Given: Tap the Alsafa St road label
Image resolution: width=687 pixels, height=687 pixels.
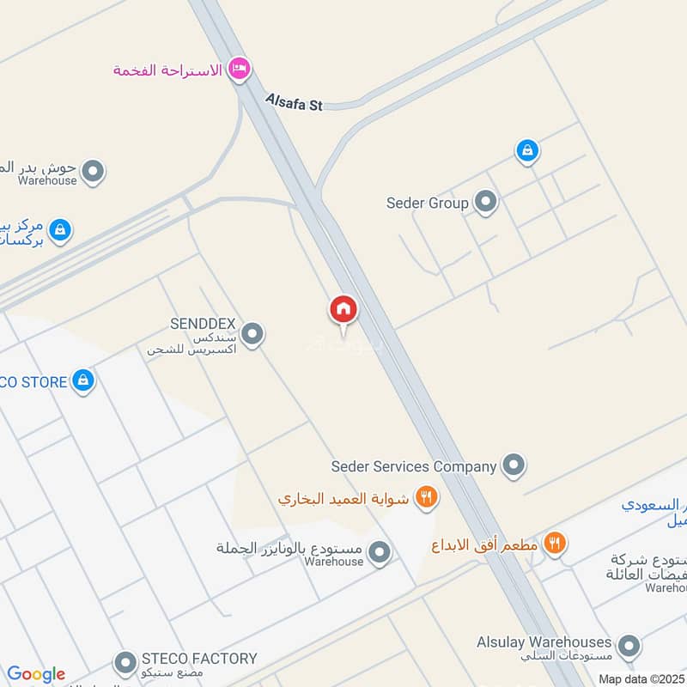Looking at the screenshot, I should pyautogui.click(x=293, y=103).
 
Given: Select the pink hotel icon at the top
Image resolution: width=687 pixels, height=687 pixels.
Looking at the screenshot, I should pyautogui.click(x=239, y=69).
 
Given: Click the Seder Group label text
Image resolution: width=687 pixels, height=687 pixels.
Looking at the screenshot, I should pyautogui.click(x=427, y=204).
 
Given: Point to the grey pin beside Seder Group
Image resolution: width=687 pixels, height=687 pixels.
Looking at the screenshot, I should pyautogui.click(x=486, y=203).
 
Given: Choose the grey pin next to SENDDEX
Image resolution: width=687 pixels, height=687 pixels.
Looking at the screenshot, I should pyautogui.click(x=252, y=334).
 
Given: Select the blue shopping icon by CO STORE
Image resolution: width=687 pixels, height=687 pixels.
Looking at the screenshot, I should pyautogui.click(x=82, y=380).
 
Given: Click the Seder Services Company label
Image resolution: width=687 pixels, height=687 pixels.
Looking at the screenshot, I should pyautogui.click(x=414, y=466).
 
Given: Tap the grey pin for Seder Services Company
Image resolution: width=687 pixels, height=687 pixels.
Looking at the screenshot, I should pyautogui.click(x=514, y=465).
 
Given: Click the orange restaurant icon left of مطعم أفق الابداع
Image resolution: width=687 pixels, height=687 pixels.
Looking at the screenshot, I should pyautogui.click(x=555, y=543).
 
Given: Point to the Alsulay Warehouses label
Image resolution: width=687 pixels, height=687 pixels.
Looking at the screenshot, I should pyautogui.click(x=544, y=641).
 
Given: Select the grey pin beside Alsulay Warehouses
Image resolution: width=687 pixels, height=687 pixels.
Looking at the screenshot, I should pyautogui.click(x=629, y=647).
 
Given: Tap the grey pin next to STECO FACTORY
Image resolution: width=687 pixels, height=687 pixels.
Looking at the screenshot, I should pyautogui.click(x=125, y=663).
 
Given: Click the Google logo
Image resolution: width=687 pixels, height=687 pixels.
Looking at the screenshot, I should pyautogui.click(x=36, y=674).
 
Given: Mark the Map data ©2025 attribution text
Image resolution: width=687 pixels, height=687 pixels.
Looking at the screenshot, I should pyautogui.click(x=641, y=678).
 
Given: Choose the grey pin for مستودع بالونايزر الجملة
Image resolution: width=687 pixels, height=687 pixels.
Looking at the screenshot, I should pyautogui.click(x=380, y=553).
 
